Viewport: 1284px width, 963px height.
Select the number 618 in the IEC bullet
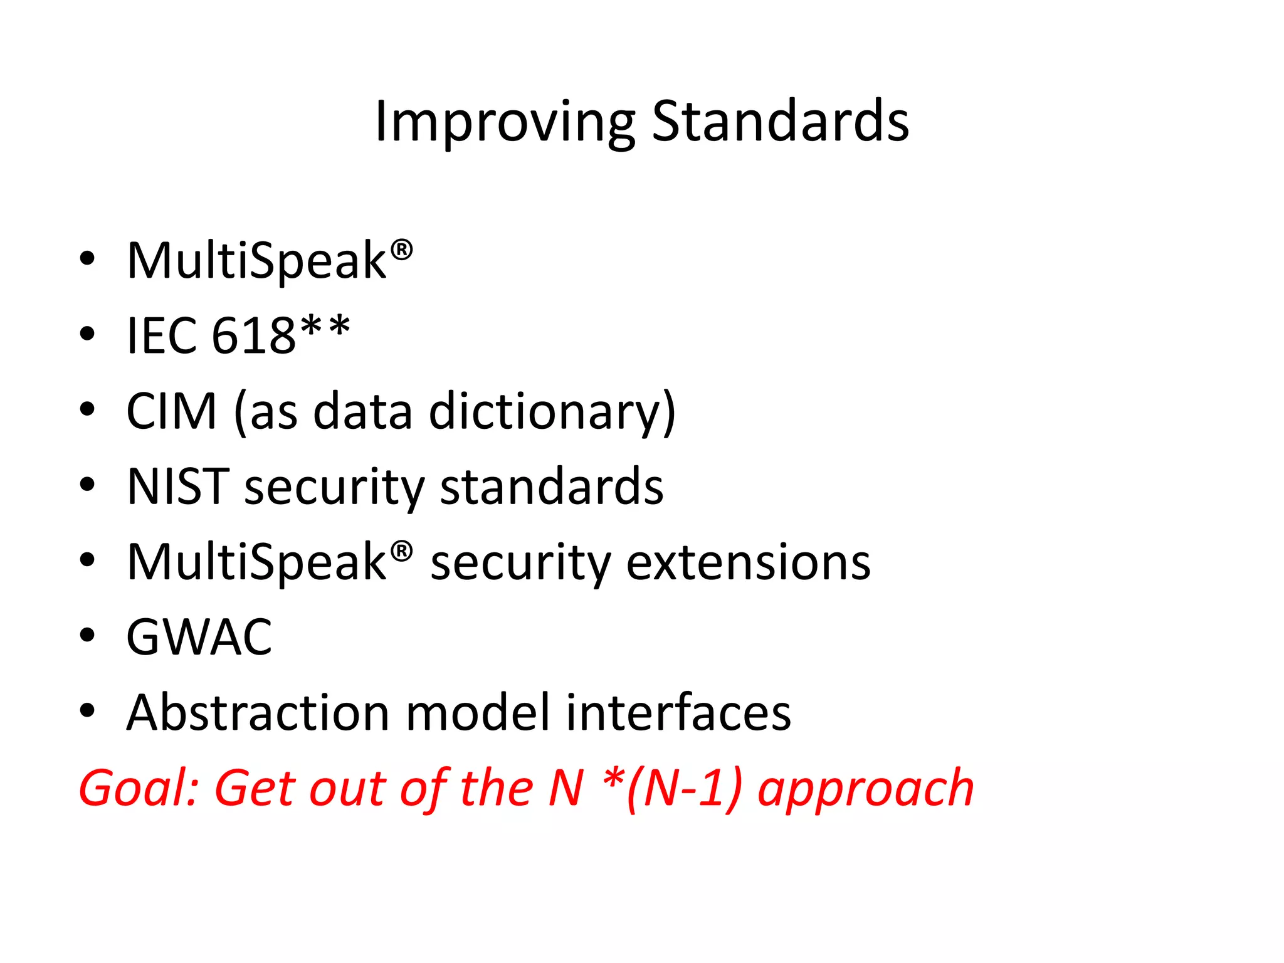253,335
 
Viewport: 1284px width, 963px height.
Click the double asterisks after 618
325,328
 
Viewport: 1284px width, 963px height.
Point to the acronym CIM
171,411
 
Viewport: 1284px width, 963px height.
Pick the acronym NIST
177,487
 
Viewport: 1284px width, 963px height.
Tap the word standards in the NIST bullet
552,487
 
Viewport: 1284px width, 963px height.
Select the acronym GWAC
199,638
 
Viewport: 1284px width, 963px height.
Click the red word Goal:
139,788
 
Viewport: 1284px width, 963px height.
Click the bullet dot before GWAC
87,635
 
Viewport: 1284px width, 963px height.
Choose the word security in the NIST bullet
334,488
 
